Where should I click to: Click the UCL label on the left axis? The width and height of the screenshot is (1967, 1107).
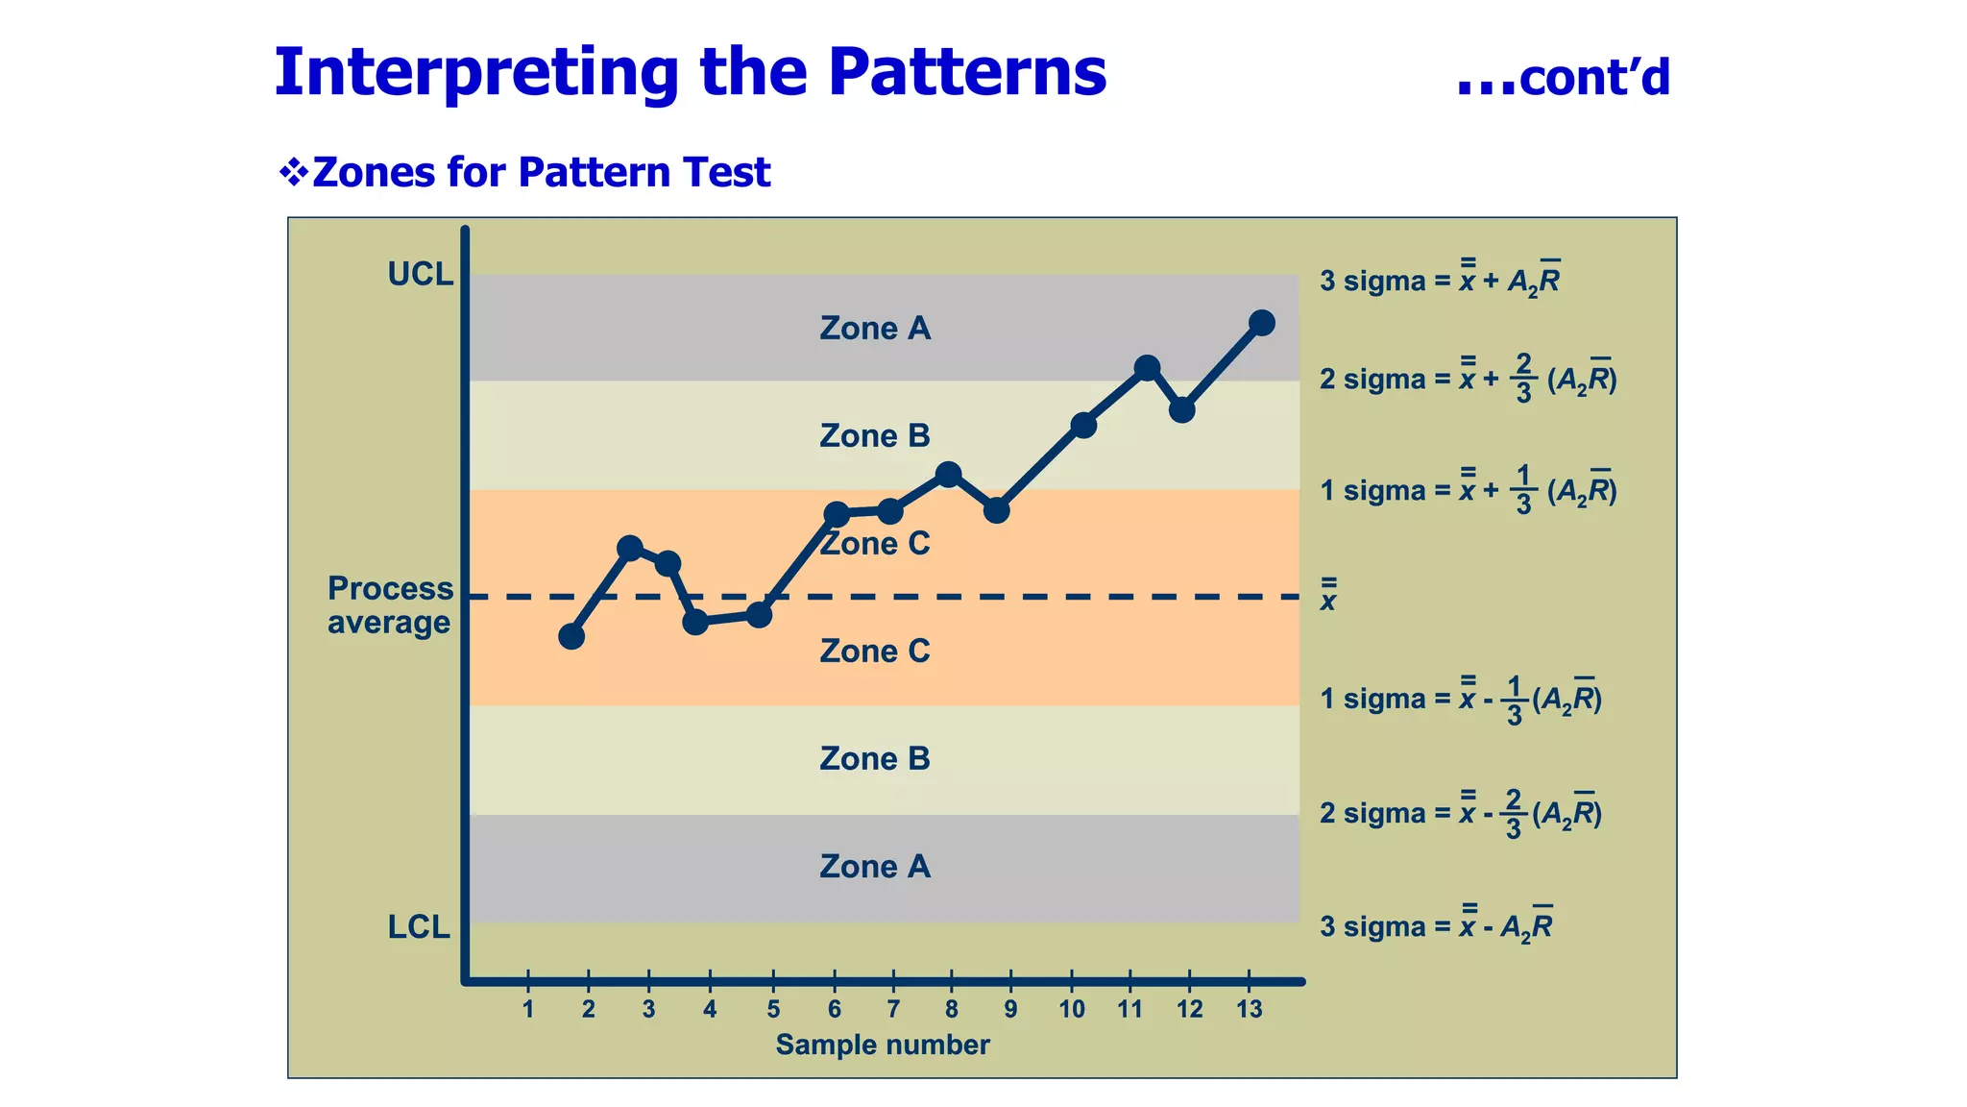[420, 275]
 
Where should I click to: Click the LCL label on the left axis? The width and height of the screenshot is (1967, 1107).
[419, 927]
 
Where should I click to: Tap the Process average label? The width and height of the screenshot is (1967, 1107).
[389, 605]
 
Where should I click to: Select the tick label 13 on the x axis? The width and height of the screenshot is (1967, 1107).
[1249, 1009]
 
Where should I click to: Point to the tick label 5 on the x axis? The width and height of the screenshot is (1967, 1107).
[773, 1009]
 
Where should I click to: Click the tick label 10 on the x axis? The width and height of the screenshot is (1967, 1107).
[1072, 1009]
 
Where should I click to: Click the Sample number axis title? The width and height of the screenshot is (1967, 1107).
[882, 1045]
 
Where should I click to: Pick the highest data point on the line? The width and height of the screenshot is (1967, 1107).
[1262, 323]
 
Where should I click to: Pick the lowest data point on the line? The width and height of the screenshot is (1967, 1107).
[571, 636]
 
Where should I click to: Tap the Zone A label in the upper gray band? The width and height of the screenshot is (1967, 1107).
[875, 329]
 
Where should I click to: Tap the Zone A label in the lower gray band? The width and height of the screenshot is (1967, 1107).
[875, 867]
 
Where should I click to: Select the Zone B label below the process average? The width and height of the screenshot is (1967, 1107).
[875, 759]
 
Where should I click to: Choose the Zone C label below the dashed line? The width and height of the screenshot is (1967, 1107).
[875, 652]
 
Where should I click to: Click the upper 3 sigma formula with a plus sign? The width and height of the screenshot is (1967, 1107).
[1439, 280]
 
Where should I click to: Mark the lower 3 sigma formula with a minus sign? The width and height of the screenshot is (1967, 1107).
[1435, 925]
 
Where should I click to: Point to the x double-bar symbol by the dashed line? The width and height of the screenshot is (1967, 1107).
[1328, 597]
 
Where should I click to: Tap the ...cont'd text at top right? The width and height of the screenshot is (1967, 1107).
[1563, 77]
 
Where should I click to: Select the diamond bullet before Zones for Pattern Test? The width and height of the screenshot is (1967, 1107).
[293, 173]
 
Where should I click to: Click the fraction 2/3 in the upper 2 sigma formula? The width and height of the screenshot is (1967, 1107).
[1523, 378]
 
